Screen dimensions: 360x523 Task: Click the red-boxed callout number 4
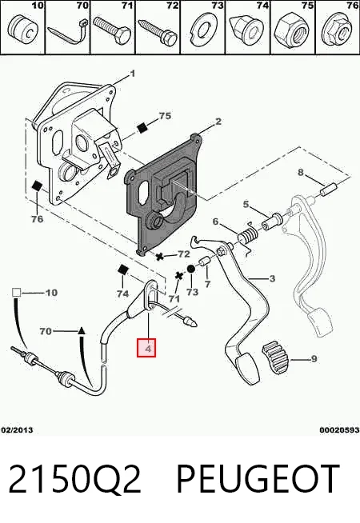(x=146, y=347)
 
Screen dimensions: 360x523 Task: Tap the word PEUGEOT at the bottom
(x=258, y=479)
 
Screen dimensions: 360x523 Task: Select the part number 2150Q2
(x=74, y=479)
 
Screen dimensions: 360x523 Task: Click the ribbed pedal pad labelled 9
(x=275, y=357)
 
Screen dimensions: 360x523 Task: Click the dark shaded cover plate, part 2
(x=163, y=194)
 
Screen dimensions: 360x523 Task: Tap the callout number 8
(x=301, y=173)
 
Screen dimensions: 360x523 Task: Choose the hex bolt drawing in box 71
(x=112, y=33)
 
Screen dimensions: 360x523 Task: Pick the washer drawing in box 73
(x=202, y=31)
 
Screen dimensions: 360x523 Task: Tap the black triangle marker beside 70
(x=82, y=331)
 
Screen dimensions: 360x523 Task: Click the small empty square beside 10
(x=16, y=293)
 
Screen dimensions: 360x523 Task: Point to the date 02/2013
(x=17, y=430)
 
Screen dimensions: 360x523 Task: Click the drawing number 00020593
(x=339, y=430)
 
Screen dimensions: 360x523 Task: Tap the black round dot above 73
(x=191, y=269)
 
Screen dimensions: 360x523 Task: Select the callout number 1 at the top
(x=132, y=74)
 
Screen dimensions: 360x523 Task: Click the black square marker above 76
(x=36, y=186)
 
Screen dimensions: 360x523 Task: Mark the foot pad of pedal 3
(x=247, y=370)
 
